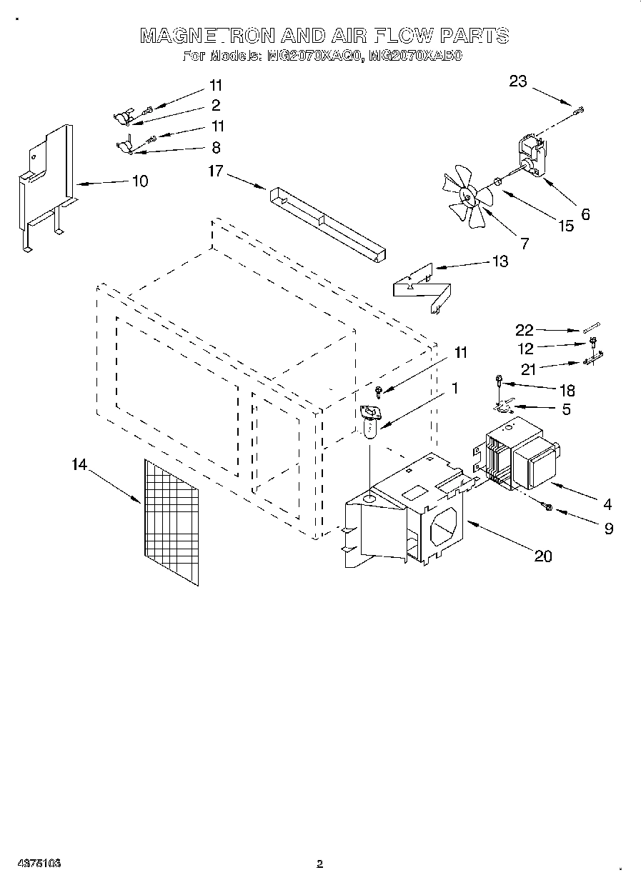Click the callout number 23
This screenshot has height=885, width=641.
[x=517, y=81]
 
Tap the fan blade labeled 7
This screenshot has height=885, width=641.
[x=464, y=196]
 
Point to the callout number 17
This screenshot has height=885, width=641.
[x=217, y=171]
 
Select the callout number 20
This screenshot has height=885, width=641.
[x=543, y=556]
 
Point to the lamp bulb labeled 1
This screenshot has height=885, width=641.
[x=371, y=423]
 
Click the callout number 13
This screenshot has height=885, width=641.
[x=500, y=261]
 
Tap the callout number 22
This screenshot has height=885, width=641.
[x=525, y=329]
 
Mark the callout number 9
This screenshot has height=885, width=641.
[x=607, y=529]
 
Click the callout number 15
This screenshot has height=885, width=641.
[x=565, y=226]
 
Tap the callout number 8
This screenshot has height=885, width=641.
[x=216, y=148]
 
